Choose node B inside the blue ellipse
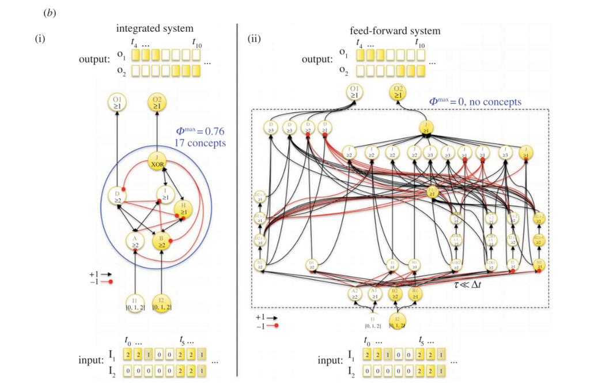pyautogui.click(x=162, y=240)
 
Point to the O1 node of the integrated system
pyautogui.click(x=118, y=104)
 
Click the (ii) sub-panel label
pyautogui.click(x=255, y=40)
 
